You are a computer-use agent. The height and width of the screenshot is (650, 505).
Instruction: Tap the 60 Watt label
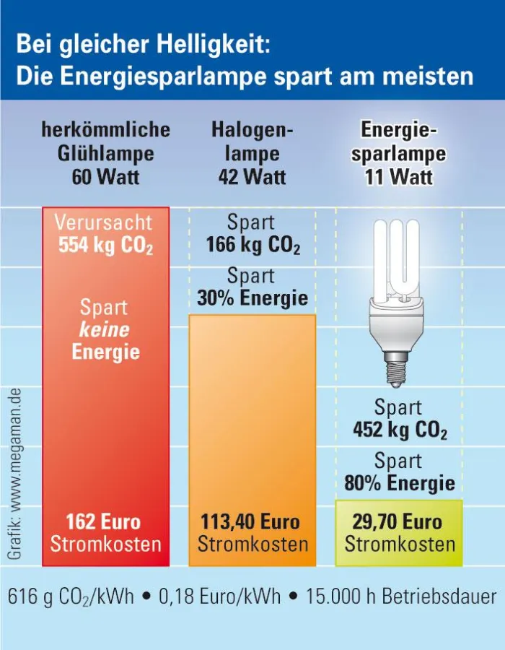(107, 177)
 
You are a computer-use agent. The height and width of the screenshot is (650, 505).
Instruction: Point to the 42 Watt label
(252, 177)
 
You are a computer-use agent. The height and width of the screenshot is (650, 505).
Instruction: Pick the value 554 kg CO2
(106, 246)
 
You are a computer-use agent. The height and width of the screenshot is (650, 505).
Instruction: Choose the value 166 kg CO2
(252, 246)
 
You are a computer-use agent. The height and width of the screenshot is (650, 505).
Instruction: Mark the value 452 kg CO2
(399, 431)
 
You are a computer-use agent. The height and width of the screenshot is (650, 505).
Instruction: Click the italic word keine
(105, 330)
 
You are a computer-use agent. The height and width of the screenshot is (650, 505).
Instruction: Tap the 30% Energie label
(252, 298)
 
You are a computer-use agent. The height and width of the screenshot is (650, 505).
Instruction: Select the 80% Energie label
(399, 483)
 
